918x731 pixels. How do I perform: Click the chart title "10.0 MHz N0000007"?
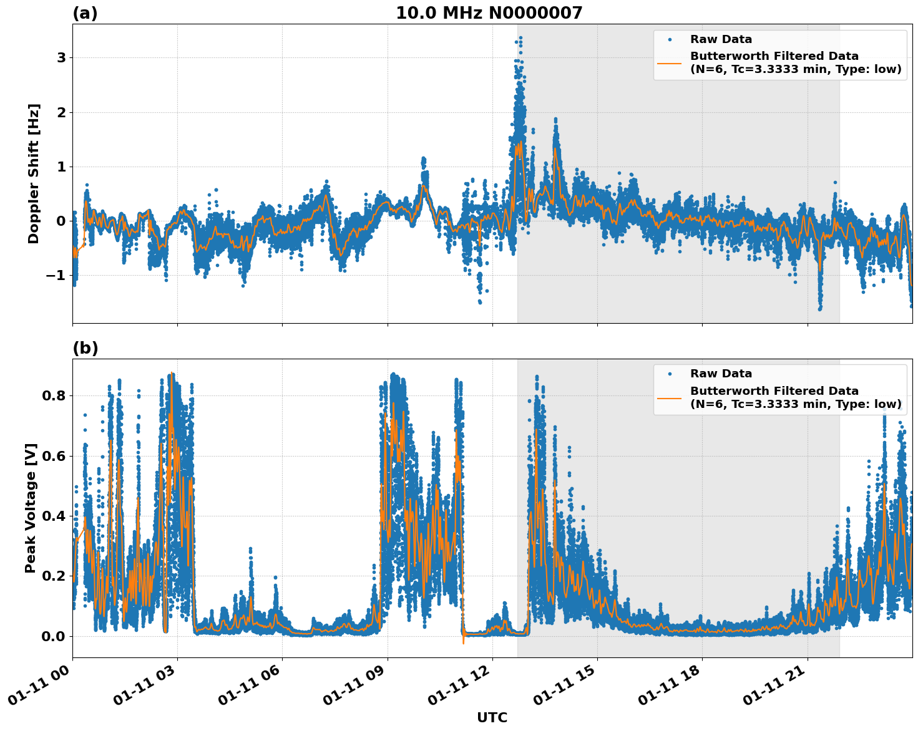click(x=489, y=13)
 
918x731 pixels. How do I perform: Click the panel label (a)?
click(x=85, y=13)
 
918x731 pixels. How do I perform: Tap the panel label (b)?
click(x=85, y=348)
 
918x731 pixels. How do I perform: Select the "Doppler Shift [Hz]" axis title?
click(x=34, y=173)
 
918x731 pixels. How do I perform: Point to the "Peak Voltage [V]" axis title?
click(x=31, y=508)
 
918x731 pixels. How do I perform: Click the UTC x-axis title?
click(x=492, y=717)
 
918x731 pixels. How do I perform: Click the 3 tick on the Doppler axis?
click(x=62, y=58)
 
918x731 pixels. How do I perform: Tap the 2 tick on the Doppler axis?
click(x=62, y=112)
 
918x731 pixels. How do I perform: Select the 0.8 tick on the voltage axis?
click(x=53, y=395)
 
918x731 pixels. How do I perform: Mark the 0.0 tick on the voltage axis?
click(x=53, y=636)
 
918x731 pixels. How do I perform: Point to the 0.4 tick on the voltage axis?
click(x=53, y=516)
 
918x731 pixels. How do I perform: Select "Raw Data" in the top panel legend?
click(x=721, y=39)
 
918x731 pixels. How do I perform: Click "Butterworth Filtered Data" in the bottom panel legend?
click(x=774, y=391)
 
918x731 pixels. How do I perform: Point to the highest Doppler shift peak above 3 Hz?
click(x=520, y=37)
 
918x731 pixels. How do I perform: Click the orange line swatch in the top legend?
click(x=670, y=62)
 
